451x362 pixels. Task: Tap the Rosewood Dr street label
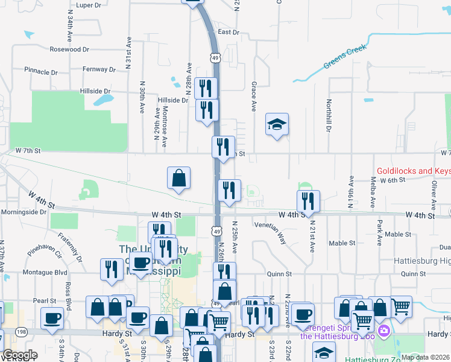pyautogui.click(x=69, y=49)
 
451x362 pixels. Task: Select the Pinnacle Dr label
pyautogui.click(x=41, y=71)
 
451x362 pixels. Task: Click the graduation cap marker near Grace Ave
pyautogui.click(x=277, y=125)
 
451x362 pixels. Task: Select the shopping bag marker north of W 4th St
pyautogui.click(x=178, y=178)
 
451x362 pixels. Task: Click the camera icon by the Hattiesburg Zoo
pyautogui.click(x=384, y=330)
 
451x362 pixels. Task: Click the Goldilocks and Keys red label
pyautogui.click(x=414, y=171)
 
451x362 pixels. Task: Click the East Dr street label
pyautogui.click(x=229, y=32)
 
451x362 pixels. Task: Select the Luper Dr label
pyautogui.click(x=89, y=5)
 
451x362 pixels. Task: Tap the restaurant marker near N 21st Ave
pyautogui.click(x=308, y=201)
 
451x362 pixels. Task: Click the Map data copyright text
pyautogui.click(x=425, y=357)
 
